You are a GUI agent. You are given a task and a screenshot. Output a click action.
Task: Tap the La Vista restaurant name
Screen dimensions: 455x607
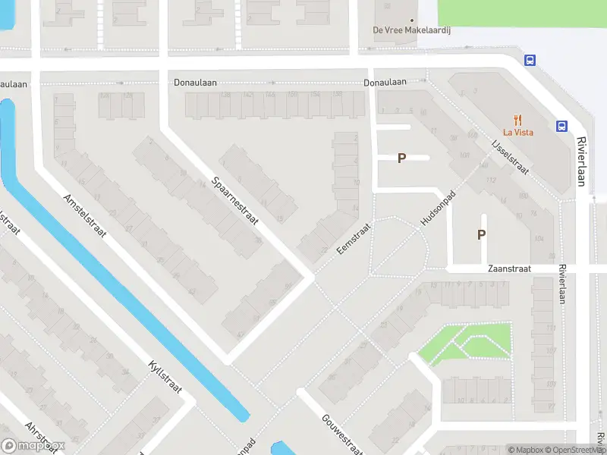tap(518, 132)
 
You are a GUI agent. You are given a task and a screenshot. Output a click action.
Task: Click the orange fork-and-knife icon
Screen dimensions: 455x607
tap(518, 118)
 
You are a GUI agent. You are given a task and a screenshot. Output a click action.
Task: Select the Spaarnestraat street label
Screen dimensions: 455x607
tap(236, 201)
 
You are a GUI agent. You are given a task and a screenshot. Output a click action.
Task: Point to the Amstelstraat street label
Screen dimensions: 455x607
tap(85, 215)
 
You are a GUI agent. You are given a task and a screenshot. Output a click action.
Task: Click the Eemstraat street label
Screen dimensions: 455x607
tap(354, 238)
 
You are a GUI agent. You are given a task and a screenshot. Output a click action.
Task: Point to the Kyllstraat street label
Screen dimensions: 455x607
tap(159, 377)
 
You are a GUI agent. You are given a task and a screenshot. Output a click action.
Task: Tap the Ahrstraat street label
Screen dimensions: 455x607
tap(42, 437)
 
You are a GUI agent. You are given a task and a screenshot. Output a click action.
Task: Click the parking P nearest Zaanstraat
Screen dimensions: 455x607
tap(481, 235)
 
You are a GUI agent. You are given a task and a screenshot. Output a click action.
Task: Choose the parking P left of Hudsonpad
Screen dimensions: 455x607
tap(402, 158)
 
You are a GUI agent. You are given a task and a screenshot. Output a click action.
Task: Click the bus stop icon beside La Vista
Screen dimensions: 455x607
tap(562, 127)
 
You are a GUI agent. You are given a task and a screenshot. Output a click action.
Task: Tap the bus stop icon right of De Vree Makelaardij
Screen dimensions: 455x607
tap(530, 61)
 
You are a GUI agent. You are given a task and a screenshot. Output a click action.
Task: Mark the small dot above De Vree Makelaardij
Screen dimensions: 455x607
tap(412, 20)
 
